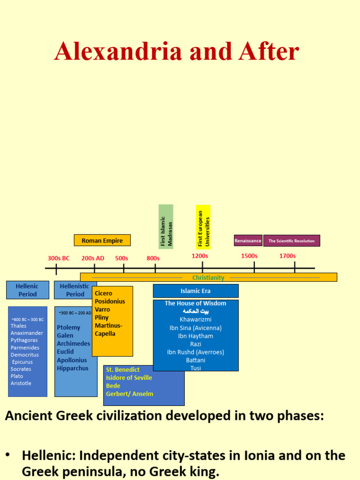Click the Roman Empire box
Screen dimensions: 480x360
point(102,240)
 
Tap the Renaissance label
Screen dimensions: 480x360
point(248,240)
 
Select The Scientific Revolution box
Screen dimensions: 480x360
point(292,241)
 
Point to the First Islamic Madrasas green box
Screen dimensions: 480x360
point(166,226)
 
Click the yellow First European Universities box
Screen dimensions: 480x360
point(203,227)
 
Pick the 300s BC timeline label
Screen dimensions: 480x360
point(59,258)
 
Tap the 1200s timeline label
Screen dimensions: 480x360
point(200,256)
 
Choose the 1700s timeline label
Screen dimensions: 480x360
point(287,256)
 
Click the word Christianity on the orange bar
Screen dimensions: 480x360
point(208,277)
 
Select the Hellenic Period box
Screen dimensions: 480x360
point(28,290)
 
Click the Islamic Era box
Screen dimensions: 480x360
point(195,291)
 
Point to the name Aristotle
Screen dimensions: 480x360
point(21,383)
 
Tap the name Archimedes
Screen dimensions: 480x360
point(73,344)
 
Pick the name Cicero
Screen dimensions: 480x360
point(104,293)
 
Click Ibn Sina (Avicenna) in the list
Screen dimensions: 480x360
point(195,328)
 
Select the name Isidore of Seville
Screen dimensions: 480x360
point(129,377)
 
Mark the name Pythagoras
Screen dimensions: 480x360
point(24,340)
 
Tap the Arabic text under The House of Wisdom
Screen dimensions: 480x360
point(195,311)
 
